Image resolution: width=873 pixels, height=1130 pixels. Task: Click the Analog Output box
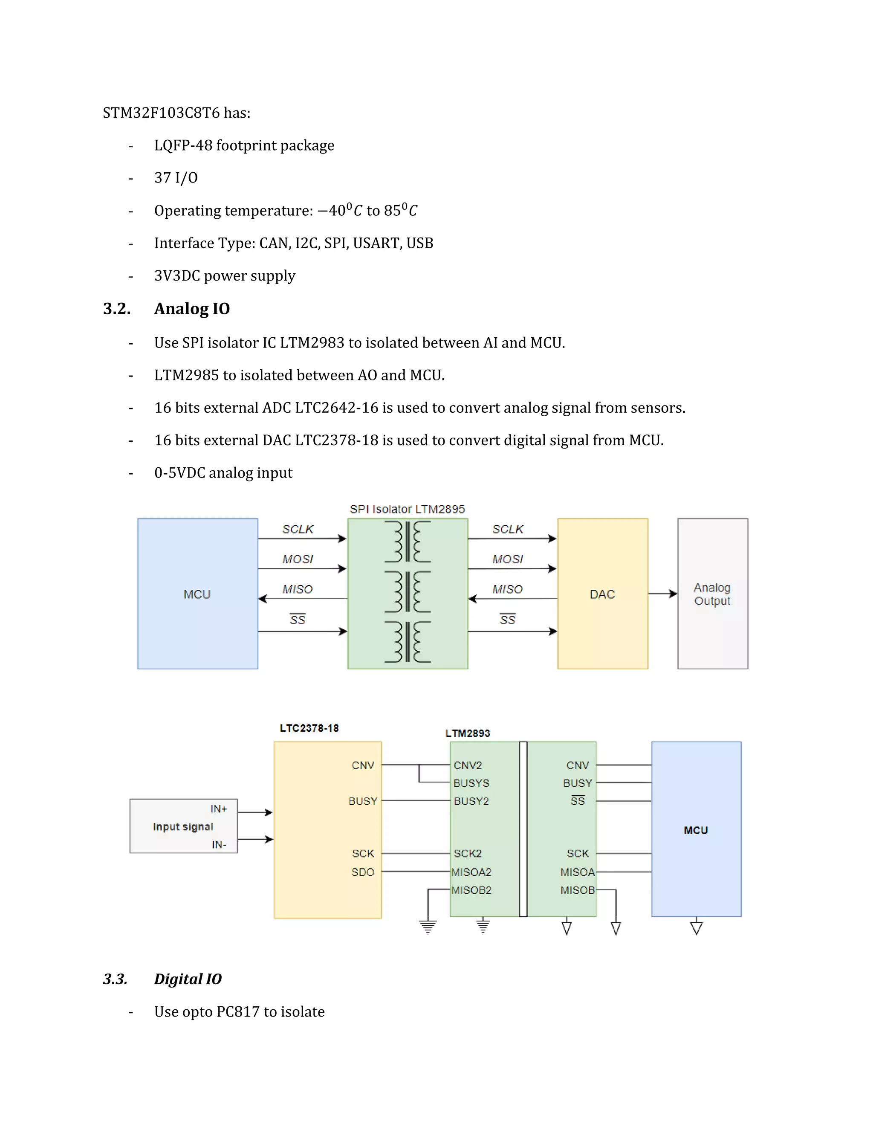712,594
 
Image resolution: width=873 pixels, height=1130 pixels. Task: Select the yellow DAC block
602,594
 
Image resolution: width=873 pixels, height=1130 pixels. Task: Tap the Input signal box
183,826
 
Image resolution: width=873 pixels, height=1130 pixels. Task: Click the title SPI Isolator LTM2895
407,509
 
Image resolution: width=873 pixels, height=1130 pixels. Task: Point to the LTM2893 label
468,733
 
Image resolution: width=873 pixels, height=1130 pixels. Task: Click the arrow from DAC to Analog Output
662,594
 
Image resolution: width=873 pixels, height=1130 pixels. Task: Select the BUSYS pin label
471,783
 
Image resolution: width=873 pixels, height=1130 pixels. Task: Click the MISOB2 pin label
471,890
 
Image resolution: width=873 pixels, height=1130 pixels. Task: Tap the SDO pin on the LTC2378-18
363,872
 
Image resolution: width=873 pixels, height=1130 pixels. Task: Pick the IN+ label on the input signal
219,808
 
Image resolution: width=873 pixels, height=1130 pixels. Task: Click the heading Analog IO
192,308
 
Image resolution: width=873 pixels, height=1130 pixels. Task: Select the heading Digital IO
188,979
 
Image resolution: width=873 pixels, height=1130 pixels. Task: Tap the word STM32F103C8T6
161,113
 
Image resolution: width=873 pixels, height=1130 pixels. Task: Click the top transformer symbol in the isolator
408,542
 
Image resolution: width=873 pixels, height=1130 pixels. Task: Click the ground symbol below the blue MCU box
696,928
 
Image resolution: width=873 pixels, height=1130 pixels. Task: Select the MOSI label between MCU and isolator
298,559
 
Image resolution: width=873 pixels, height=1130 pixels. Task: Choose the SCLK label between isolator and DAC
507,529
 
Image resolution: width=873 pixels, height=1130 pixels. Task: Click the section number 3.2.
116,308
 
